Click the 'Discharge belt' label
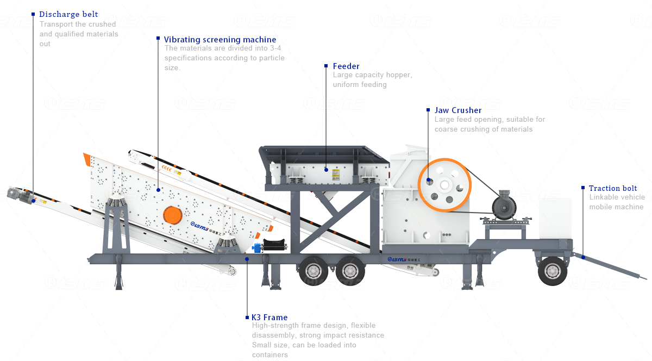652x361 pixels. click(x=68, y=14)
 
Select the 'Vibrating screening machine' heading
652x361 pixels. click(x=220, y=40)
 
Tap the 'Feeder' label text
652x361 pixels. click(x=346, y=66)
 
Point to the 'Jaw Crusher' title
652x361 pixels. click(x=457, y=110)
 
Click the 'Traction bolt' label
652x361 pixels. click(x=613, y=189)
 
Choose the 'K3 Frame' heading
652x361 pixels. click(x=269, y=318)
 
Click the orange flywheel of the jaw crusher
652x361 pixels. click(x=444, y=185)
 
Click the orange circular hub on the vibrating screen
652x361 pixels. click(x=173, y=214)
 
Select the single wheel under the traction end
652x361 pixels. click(x=553, y=270)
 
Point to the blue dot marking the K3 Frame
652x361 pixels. click(x=247, y=259)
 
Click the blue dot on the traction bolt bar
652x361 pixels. click(x=582, y=257)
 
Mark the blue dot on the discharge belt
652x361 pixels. click(x=34, y=201)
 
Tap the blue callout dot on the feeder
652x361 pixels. click(x=326, y=170)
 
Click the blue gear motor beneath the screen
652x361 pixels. click(x=256, y=248)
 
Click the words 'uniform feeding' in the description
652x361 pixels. click(x=360, y=85)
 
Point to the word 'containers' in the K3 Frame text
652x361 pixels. click(x=269, y=355)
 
